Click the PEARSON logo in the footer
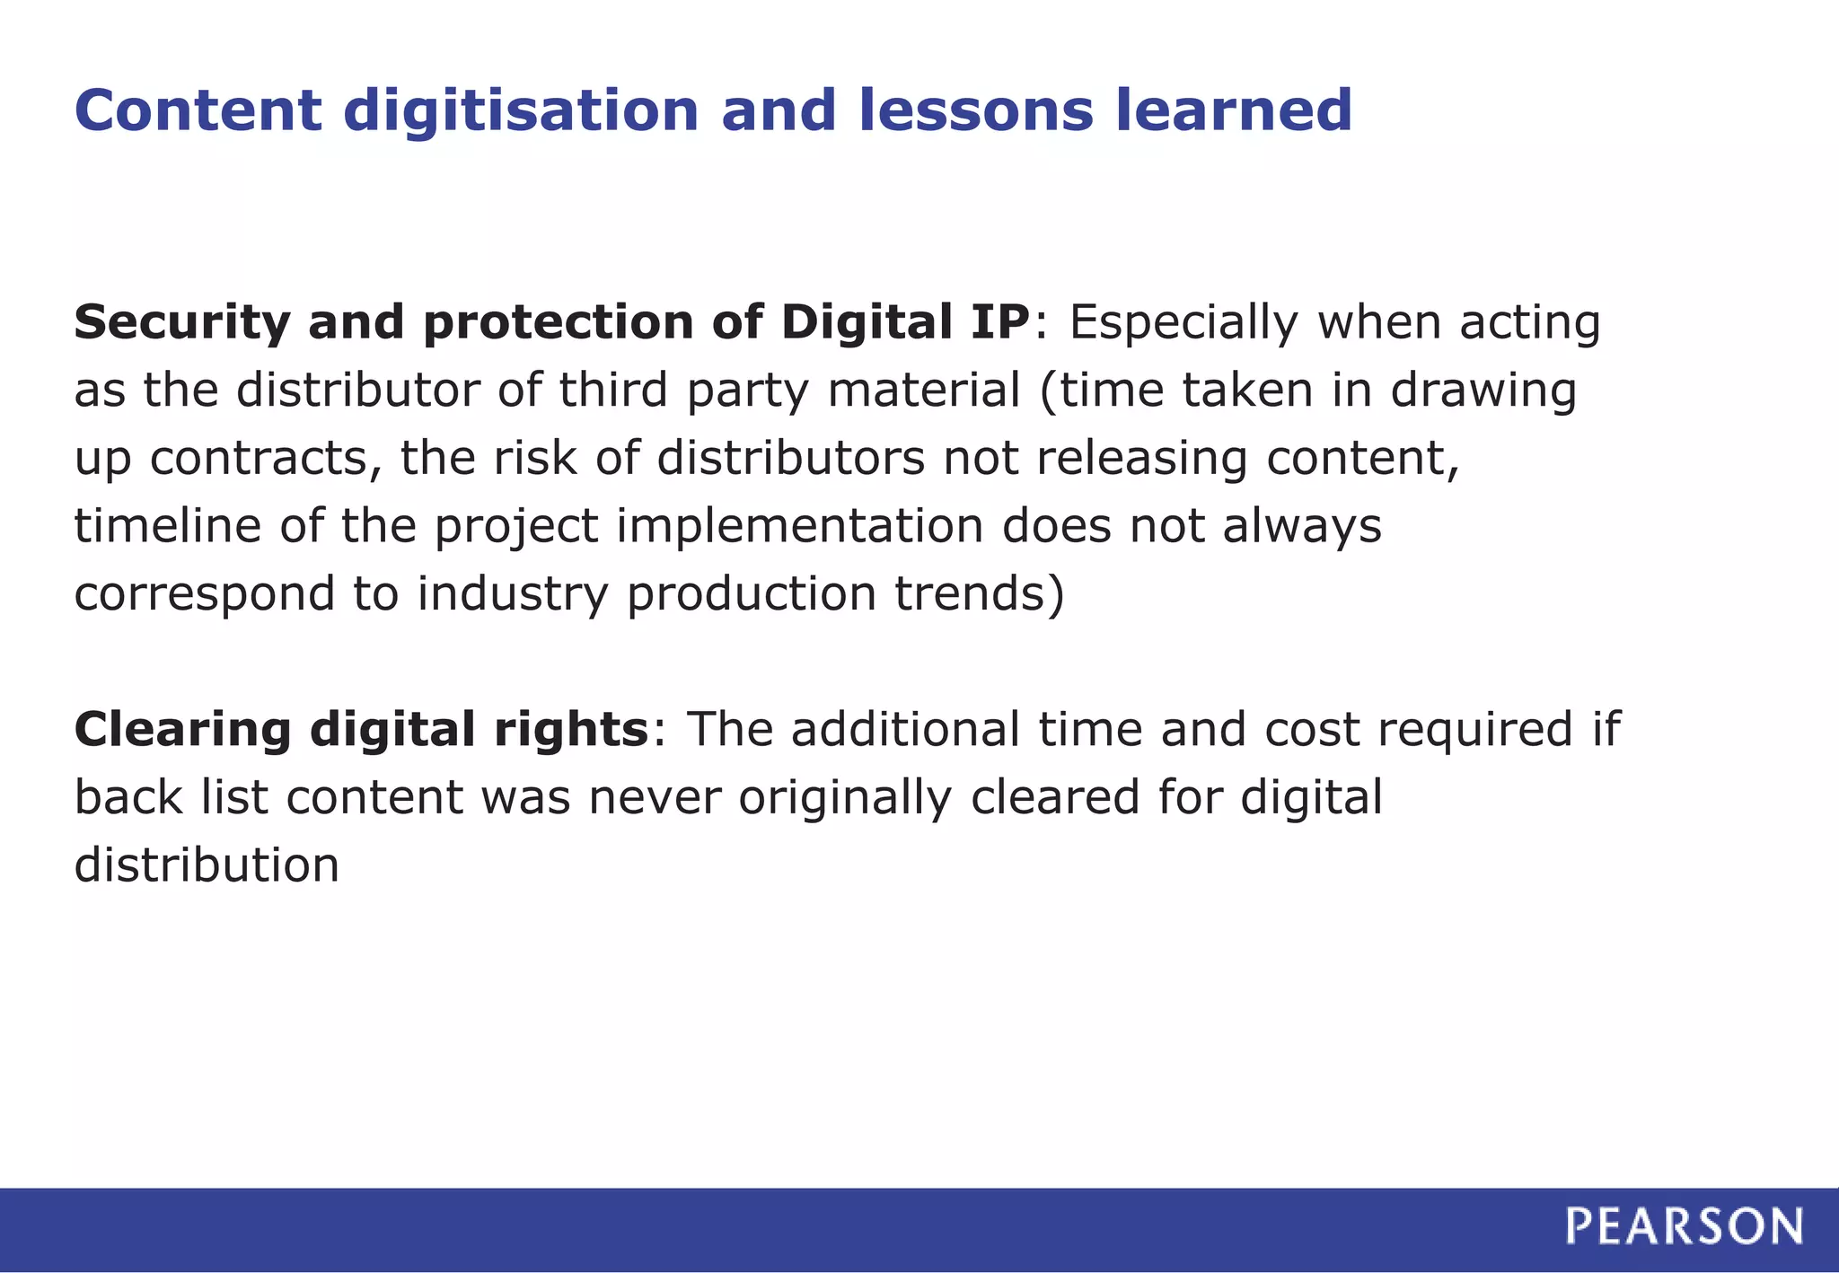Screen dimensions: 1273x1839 pyautogui.click(x=1684, y=1226)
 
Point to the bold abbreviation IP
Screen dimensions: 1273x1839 pyautogui.click(x=999, y=321)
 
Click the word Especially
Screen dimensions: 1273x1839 pyautogui.click(x=1183, y=323)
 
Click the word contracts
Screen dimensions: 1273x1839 pyautogui.click(x=259, y=459)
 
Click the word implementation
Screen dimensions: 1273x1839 pyautogui.click(x=799, y=527)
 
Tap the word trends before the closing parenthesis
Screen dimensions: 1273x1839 pyautogui.click(x=968, y=593)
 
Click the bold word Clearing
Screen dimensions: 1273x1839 pyautogui.click(x=182, y=730)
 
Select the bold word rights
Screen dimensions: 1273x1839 pyautogui.click(x=570, y=730)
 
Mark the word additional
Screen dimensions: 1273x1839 pyautogui.click(x=905, y=728)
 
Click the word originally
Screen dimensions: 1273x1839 pyautogui.click(x=844, y=798)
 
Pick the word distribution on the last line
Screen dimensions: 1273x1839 pyautogui.click(x=207, y=865)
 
